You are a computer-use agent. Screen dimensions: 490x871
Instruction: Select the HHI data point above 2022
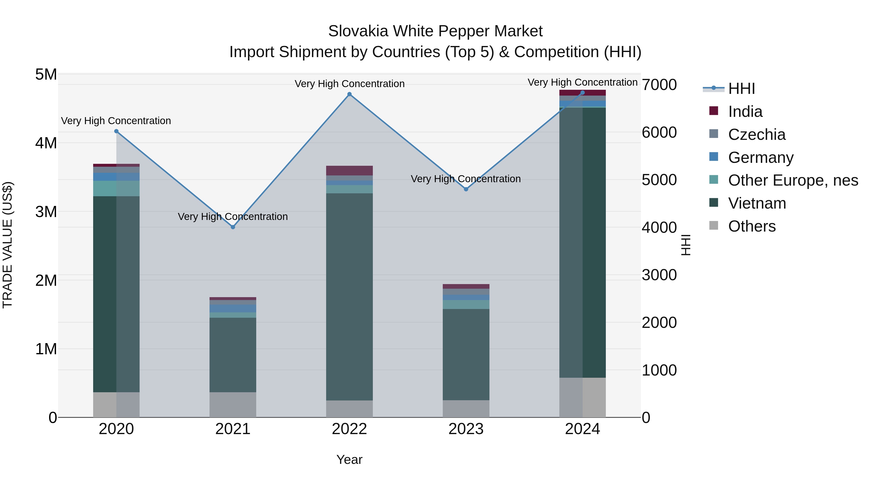coord(349,94)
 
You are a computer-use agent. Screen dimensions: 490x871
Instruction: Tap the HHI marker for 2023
coord(466,189)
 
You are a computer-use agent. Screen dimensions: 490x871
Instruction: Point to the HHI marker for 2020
coord(116,131)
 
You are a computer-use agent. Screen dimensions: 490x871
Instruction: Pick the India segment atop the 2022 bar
coord(349,170)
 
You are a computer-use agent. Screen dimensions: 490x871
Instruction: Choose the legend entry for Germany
coord(760,158)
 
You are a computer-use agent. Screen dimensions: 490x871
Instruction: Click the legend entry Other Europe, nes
coord(793,180)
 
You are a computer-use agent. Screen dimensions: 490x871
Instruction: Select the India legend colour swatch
coord(713,111)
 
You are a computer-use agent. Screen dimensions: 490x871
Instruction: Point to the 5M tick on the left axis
coord(46,74)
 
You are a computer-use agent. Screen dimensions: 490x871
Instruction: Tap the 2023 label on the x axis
coord(466,429)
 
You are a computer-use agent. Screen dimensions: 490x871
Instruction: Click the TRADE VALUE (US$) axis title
coord(8,245)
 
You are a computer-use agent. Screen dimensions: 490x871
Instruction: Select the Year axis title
coord(349,460)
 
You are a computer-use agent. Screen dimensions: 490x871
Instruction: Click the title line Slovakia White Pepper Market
coord(435,31)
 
